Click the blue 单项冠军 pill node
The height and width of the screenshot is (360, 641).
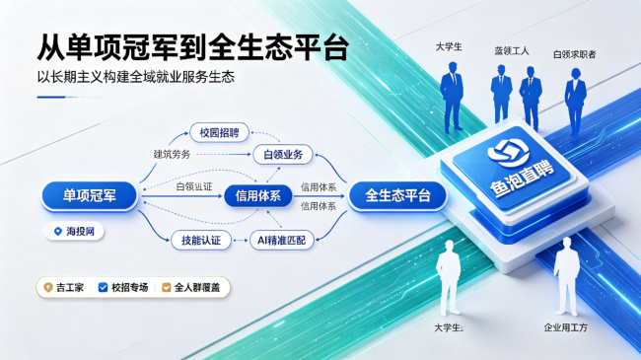89,195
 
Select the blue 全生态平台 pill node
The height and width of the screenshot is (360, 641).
397,195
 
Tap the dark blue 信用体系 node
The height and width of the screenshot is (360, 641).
258,196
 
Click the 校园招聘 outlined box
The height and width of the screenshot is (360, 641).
219,132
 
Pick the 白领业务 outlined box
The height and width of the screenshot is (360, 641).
283,155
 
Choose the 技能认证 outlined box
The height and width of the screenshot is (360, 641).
201,240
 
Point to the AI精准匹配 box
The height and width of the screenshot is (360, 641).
282,240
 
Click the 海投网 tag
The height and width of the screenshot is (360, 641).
74,232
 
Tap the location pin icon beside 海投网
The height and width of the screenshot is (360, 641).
58,232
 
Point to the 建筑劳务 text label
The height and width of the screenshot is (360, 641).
173,154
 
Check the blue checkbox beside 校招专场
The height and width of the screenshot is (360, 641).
103,288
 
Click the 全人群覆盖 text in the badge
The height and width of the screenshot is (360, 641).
197,288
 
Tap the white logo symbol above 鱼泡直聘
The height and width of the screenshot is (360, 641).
508,152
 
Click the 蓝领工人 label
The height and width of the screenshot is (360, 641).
512,51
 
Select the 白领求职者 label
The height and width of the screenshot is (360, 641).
575,54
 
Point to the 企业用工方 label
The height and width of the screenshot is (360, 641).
566,327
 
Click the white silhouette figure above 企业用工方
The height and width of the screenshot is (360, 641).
567,276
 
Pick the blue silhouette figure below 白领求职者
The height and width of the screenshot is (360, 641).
575,104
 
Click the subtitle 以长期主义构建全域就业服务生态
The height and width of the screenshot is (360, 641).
136,77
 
